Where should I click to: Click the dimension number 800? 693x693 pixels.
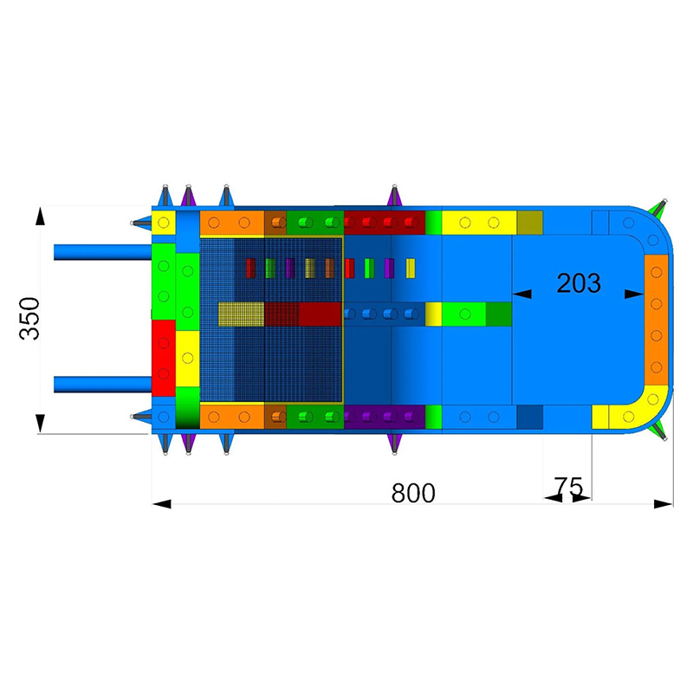point(412,493)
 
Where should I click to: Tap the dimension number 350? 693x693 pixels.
point(29,318)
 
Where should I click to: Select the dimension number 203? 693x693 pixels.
point(578,283)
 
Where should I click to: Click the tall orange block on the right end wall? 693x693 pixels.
point(657,325)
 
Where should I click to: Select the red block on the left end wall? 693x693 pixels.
point(163,354)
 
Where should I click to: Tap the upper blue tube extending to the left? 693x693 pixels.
point(102,252)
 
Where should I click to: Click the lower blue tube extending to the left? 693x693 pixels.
point(102,384)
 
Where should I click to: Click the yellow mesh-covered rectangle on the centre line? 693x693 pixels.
point(241,313)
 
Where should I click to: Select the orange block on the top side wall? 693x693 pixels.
point(231,223)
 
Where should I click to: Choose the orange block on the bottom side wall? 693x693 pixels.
point(231,417)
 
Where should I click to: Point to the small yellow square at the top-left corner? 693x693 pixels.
point(163,222)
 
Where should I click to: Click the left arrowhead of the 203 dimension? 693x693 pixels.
point(521,295)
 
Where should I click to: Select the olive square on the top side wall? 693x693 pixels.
point(529,222)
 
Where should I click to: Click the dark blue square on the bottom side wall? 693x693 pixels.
point(529,417)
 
